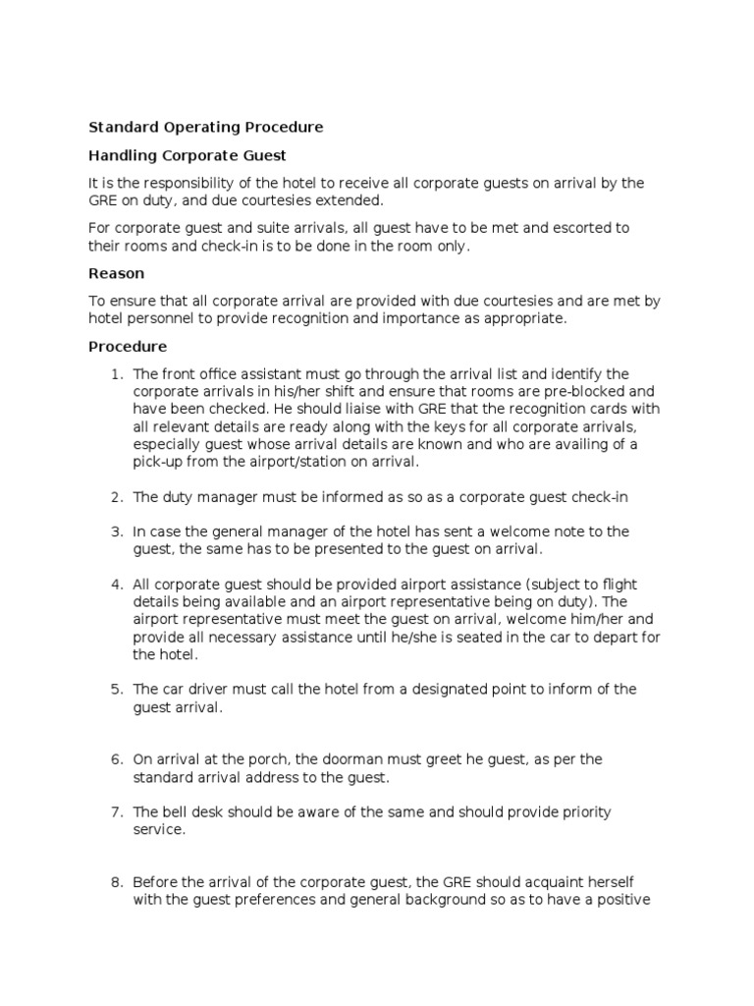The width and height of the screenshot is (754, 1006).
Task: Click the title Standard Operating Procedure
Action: tap(205, 127)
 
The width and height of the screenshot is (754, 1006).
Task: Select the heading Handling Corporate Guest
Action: tap(188, 155)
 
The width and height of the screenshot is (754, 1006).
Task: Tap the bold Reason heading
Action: tap(116, 273)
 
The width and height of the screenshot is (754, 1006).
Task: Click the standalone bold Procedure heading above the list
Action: tap(128, 347)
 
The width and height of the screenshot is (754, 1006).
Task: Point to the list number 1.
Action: tap(116, 374)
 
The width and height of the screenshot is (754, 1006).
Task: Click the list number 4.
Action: tap(116, 585)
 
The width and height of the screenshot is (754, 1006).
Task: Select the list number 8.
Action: tap(116, 882)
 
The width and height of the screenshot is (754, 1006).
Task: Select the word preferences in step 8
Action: tap(277, 900)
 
